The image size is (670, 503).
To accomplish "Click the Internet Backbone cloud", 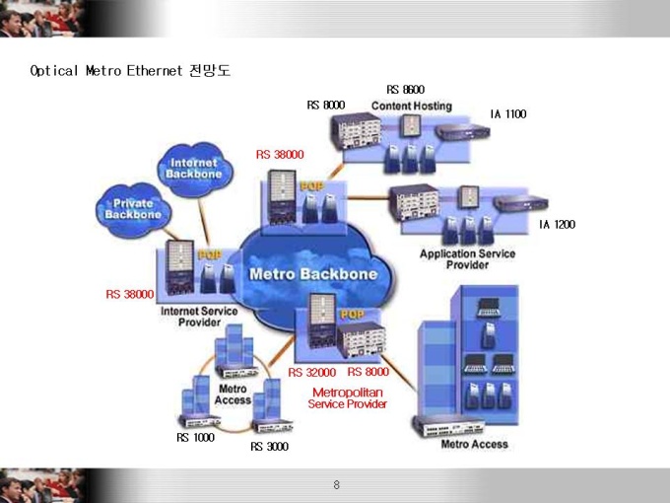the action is coord(195,170).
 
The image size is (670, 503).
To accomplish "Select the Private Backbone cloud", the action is coord(133,209).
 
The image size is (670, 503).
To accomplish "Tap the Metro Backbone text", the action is coord(313,274).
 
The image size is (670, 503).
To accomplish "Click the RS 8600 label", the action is coord(406,90).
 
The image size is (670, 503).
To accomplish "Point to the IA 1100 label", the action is coord(508,113).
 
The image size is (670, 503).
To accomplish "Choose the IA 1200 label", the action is coord(557,224).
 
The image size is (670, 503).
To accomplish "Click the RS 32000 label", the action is coord(312,372).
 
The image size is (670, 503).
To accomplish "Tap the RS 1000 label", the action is coord(195,437).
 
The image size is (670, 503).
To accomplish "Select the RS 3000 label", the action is coord(269,446).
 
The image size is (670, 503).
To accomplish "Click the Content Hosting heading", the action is coord(412,106).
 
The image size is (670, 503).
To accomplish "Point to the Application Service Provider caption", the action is coord(467,259).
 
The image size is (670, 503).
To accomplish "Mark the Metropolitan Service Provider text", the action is coord(348,397).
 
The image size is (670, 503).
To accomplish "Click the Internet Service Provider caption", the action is coord(199,317).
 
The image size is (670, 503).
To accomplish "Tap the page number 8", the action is coord(336,484).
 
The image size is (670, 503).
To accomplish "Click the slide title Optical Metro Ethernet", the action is coord(106,70).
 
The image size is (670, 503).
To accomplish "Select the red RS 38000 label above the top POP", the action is coord(280,155).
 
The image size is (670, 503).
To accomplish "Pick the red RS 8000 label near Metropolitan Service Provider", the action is coord(368,372).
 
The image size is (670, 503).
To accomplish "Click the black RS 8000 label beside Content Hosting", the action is coord(326,105).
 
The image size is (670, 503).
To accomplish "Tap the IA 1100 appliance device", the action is coord(462,131).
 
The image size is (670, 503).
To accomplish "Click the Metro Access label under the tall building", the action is coord(474,444).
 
